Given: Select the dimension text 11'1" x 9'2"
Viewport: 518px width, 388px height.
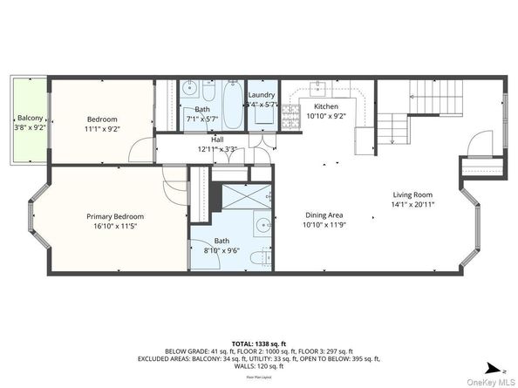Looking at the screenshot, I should pyautogui.click(x=102, y=129).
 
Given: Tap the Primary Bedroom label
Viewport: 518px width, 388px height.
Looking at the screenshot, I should pyautogui.click(x=114, y=216).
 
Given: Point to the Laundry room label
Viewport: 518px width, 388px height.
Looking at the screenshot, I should pyautogui.click(x=262, y=95).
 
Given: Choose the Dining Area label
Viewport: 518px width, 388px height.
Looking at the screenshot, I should pyautogui.click(x=324, y=215).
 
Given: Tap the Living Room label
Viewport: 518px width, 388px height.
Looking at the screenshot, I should pyautogui.click(x=412, y=194).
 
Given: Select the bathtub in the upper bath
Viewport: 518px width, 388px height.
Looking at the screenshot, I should pyautogui.click(x=232, y=105).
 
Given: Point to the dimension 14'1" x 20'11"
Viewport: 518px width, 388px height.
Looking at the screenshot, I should pyautogui.click(x=412, y=204).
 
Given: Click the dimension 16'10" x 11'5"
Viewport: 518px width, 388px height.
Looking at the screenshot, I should pyautogui.click(x=114, y=226).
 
